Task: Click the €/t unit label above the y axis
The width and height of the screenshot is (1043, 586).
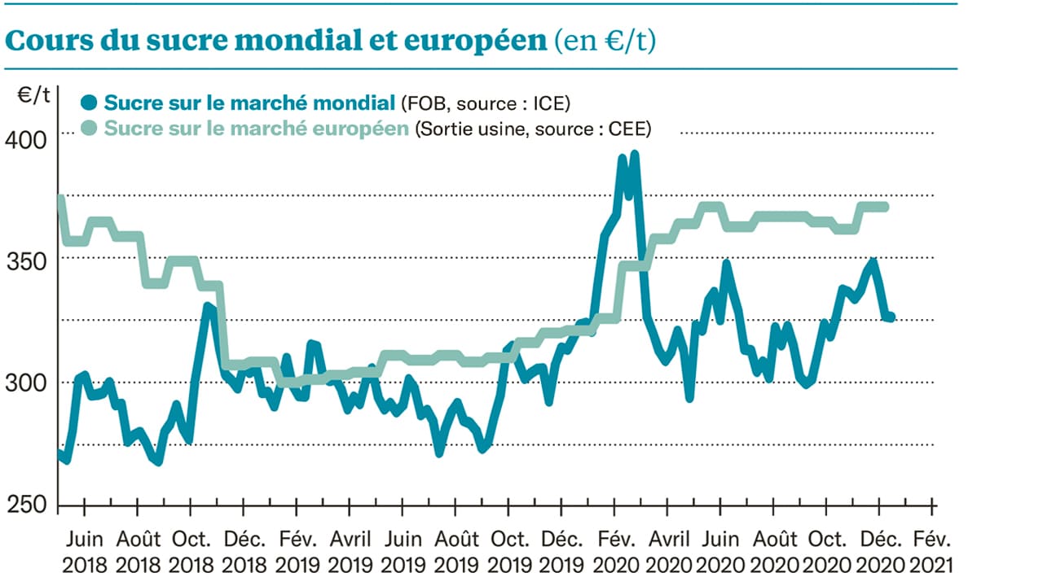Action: [34, 95]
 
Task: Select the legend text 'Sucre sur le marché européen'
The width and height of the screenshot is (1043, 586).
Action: [257, 129]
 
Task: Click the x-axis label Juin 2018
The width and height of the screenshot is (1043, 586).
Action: [84, 551]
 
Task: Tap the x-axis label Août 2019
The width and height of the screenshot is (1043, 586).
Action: [456, 551]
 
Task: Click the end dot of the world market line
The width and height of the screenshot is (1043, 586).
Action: [890, 317]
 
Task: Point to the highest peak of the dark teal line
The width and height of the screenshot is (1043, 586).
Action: [635, 154]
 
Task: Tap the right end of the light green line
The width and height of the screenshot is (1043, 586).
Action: [886, 207]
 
